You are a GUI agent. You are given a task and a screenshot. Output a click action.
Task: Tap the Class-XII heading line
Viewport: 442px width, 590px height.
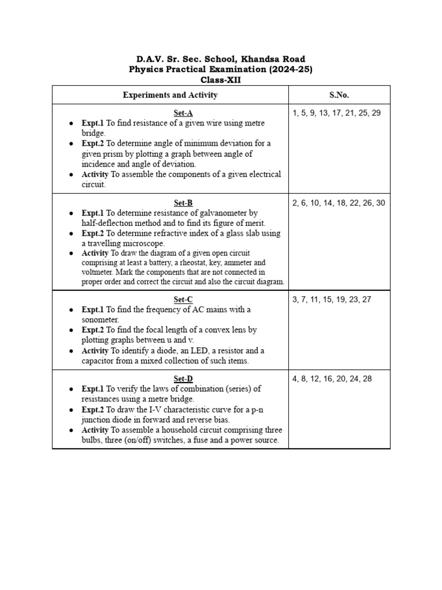pos(221,80)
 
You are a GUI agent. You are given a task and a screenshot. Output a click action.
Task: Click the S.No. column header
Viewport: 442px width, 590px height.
pos(339,95)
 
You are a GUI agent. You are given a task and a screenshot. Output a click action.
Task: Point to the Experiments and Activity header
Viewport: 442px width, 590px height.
pos(170,95)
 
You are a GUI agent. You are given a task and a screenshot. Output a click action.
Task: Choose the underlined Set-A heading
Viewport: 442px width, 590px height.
pos(170,113)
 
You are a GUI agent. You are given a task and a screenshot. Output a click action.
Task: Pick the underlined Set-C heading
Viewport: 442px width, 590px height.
pos(170,300)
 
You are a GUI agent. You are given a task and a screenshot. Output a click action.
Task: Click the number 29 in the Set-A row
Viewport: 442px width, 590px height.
pos(375,113)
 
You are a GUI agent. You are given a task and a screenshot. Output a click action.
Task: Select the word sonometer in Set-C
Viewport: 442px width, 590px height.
pos(100,320)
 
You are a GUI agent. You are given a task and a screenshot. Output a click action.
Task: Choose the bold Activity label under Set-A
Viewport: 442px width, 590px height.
pos(95,174)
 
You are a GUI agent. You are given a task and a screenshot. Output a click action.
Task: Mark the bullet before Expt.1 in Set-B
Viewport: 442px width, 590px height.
pos(70,213)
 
